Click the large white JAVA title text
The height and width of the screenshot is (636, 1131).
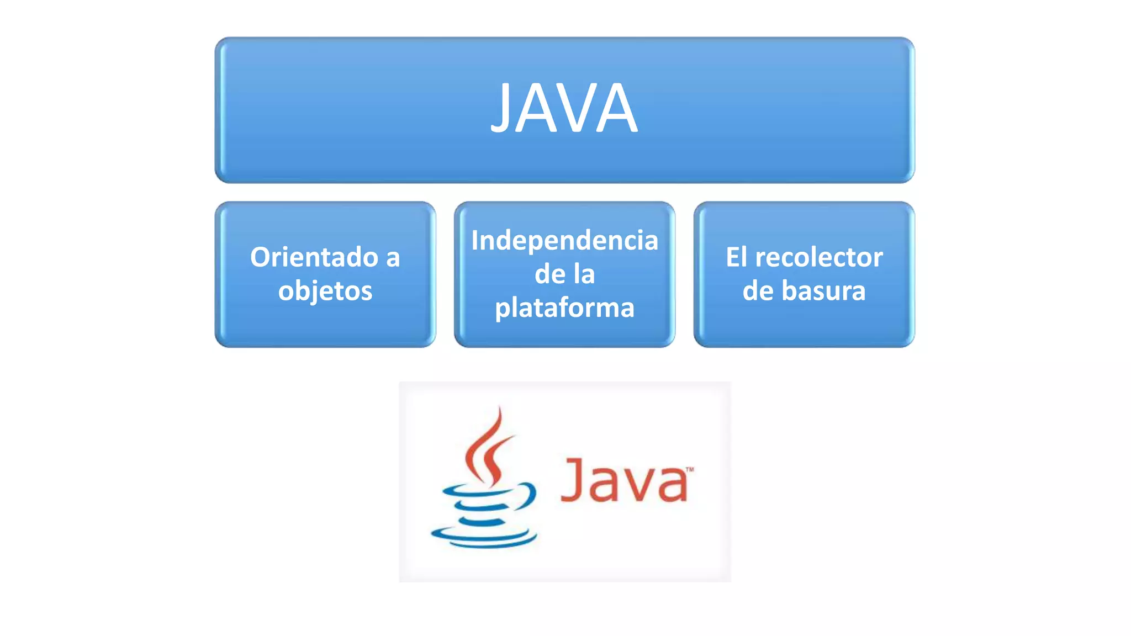pos(564,108)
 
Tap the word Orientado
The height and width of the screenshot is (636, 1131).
pos(314,257)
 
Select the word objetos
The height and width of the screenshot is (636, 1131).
pos(325,291)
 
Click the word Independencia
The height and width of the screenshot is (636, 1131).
pos(564,241)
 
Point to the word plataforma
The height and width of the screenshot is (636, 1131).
pos(564,308)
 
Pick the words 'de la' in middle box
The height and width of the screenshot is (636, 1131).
pos(564,274)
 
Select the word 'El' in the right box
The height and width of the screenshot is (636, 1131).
pos(736,257)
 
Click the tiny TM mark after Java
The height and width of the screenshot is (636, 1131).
pos(689,470)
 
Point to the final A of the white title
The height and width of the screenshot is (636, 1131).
pos(618,108)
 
